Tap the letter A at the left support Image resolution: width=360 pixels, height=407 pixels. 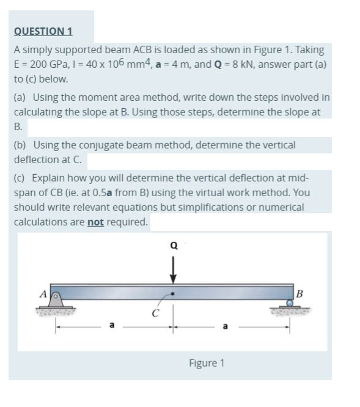[x=43, y=293]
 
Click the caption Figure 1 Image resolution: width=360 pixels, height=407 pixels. [x=206, y=363]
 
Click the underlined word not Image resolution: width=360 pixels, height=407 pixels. [x=95, y=222]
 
